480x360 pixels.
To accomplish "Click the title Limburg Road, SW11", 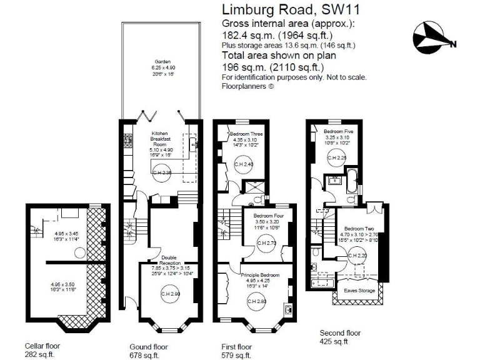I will pyautogui.click(x=282, y=9).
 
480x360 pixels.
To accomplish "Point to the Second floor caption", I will pyautogui.click(x=340, y=333).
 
